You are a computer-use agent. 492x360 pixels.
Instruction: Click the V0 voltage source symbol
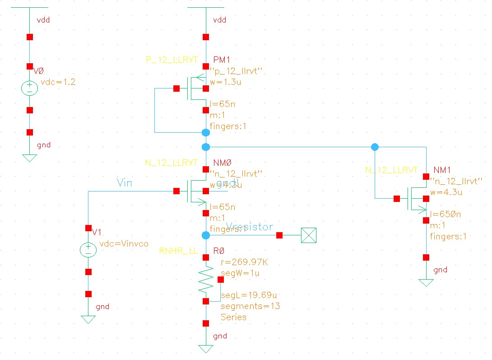(30, 88)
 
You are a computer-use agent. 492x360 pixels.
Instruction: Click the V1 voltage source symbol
(88, 249)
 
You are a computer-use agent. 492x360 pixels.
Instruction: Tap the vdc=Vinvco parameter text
(124, 244)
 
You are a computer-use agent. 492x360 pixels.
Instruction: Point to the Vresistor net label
(249, 227)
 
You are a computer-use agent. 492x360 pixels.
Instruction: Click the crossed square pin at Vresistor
(309, 235)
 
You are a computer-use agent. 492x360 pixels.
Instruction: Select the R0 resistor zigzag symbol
(206, 279)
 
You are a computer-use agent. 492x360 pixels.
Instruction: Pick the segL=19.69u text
(248, 295)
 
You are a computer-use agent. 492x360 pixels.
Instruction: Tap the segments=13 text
(250, 306)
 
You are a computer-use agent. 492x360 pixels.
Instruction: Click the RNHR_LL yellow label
(178, 251)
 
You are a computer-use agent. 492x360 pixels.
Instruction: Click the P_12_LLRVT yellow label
(172, 60)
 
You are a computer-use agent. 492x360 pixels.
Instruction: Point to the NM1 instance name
(441, 170)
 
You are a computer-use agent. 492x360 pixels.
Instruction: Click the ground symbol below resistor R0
(206, 349)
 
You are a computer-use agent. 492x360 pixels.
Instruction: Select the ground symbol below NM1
(426, 283)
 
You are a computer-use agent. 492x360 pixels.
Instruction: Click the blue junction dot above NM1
(375, 147)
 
